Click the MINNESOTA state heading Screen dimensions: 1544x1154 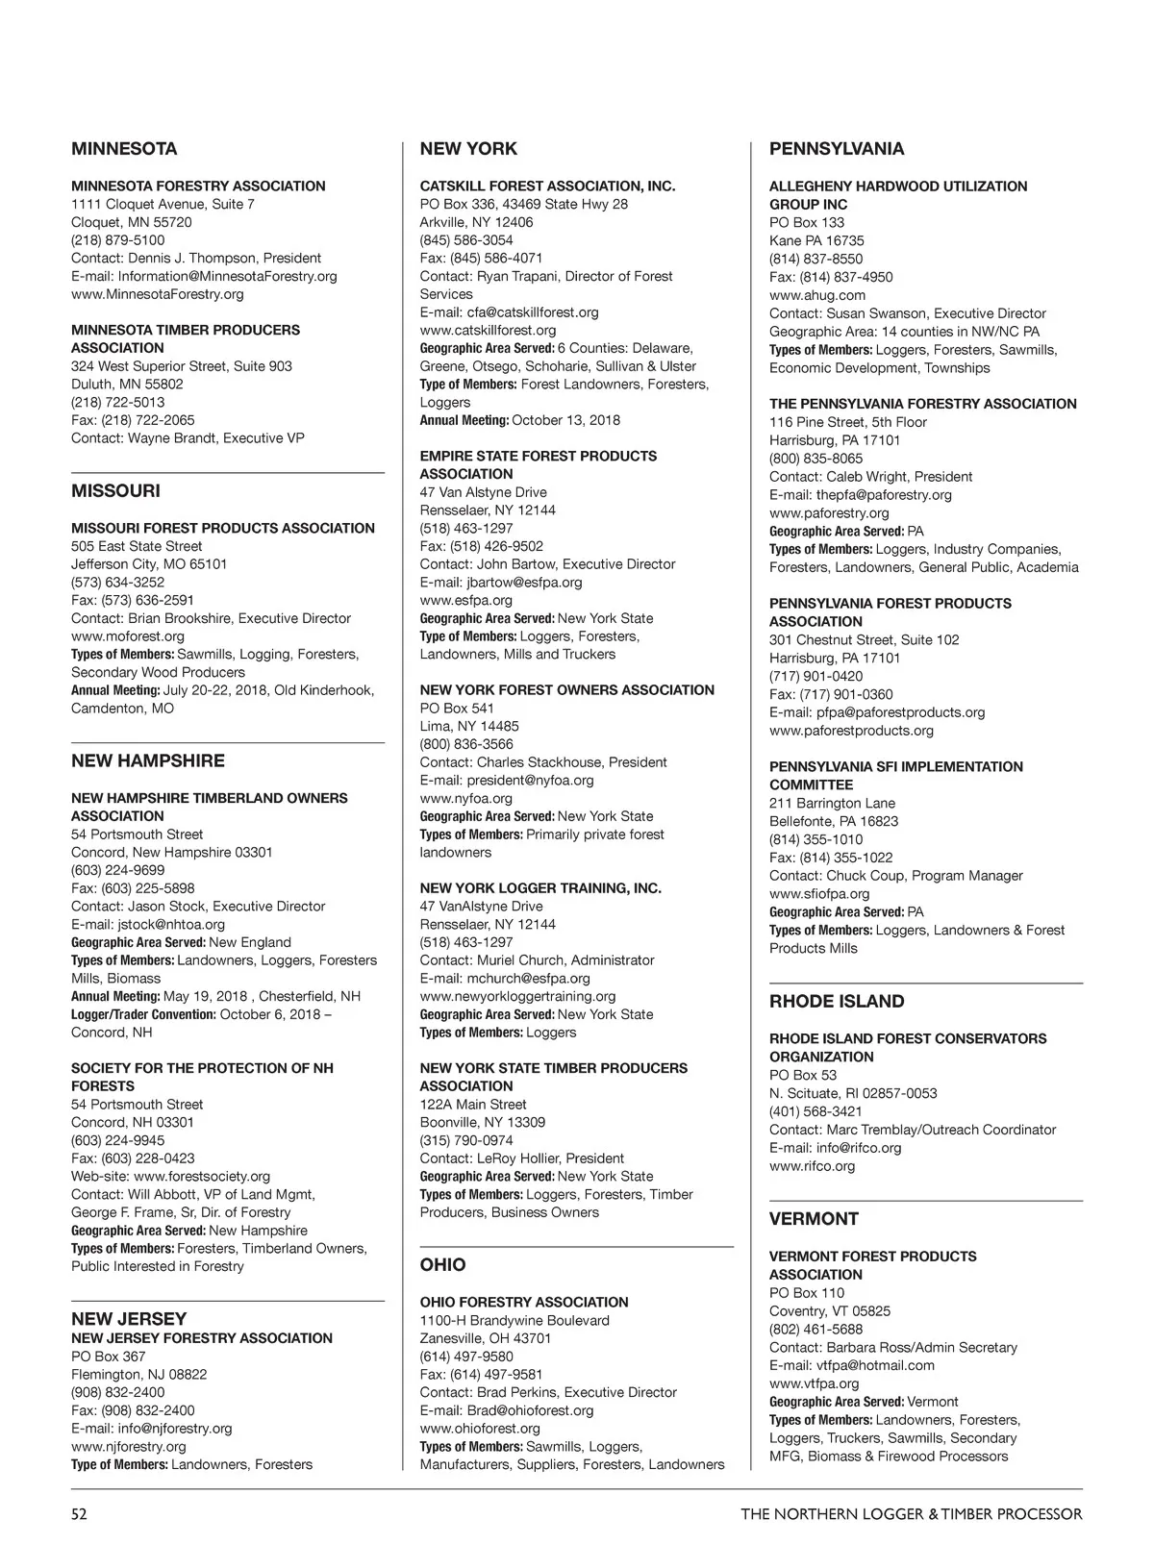(x=124, y=149)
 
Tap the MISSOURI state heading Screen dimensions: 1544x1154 (x=115, y=491)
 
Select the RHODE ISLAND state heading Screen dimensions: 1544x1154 (x=836, y=1002)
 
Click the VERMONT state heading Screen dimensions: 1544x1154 (x=814, y=1219)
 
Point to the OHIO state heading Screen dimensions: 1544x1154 (x=442, y=1265)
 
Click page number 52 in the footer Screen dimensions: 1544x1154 (x=79, y=1514)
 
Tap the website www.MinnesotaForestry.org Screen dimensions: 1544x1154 (x=158, y=294)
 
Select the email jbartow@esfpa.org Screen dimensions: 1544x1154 (x=524, y=583)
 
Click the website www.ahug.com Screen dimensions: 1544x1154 (x=816, y=295)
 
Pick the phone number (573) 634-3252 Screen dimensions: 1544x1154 (x=117, y=583)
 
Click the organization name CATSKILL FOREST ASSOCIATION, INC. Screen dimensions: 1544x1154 (x=547, y=187)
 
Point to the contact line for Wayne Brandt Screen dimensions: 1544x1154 (x=188, y=438)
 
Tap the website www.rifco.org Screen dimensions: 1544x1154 (x=812, y=1166)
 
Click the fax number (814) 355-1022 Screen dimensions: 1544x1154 (x=831, y=858)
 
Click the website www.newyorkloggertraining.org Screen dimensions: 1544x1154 (x=517, y=997)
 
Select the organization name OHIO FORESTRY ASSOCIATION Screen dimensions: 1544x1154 (x=524, y=1303)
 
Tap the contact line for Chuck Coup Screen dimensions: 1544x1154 (x=895, y=876)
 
